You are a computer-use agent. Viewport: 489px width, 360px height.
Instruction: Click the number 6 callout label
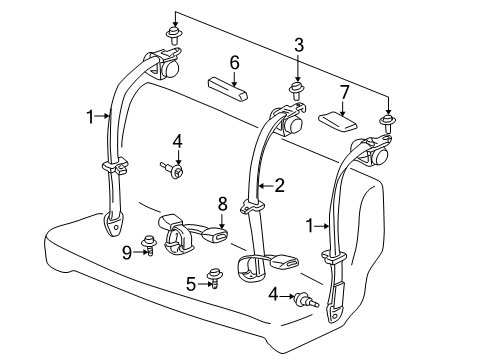[x=234, y=62]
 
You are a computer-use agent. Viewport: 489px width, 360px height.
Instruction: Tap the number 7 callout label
[x=345, y=93]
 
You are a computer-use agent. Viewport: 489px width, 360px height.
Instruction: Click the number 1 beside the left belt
[x=90, y=116]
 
